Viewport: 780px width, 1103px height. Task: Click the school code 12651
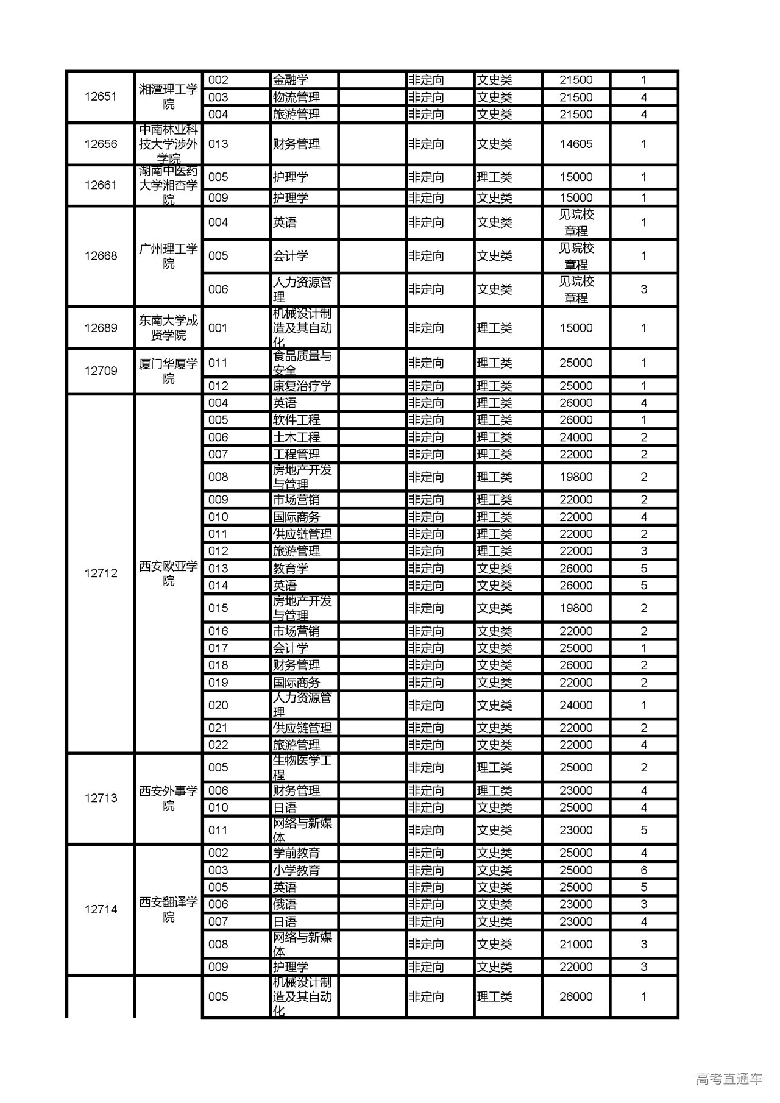(101, 96)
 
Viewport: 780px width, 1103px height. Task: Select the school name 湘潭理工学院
(168, 97)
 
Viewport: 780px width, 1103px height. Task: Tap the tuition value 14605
(576, 144)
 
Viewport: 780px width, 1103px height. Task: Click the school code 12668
(101, 256)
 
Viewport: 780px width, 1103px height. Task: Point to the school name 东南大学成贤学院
(168, 328)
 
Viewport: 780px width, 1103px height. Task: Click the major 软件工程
(296, 420)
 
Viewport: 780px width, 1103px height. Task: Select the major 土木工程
(296, 437)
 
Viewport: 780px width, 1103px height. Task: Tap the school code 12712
(101, 573)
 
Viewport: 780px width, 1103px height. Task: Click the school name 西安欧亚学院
(168, 573)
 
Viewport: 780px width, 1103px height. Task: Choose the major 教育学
(290, 568)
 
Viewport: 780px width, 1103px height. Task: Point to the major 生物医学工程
(302, 767)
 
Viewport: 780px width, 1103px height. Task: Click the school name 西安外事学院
(168, 798)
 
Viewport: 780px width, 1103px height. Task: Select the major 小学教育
(296, 870)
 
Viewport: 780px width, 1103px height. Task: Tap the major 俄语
(285, 904)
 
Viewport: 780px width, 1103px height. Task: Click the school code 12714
(101, 909)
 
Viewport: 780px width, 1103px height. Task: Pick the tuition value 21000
(576, 944)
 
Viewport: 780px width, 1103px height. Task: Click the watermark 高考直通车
(729, 1079)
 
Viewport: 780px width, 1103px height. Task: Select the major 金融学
(290, 80)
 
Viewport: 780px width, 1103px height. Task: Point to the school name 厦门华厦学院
(168, 371)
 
